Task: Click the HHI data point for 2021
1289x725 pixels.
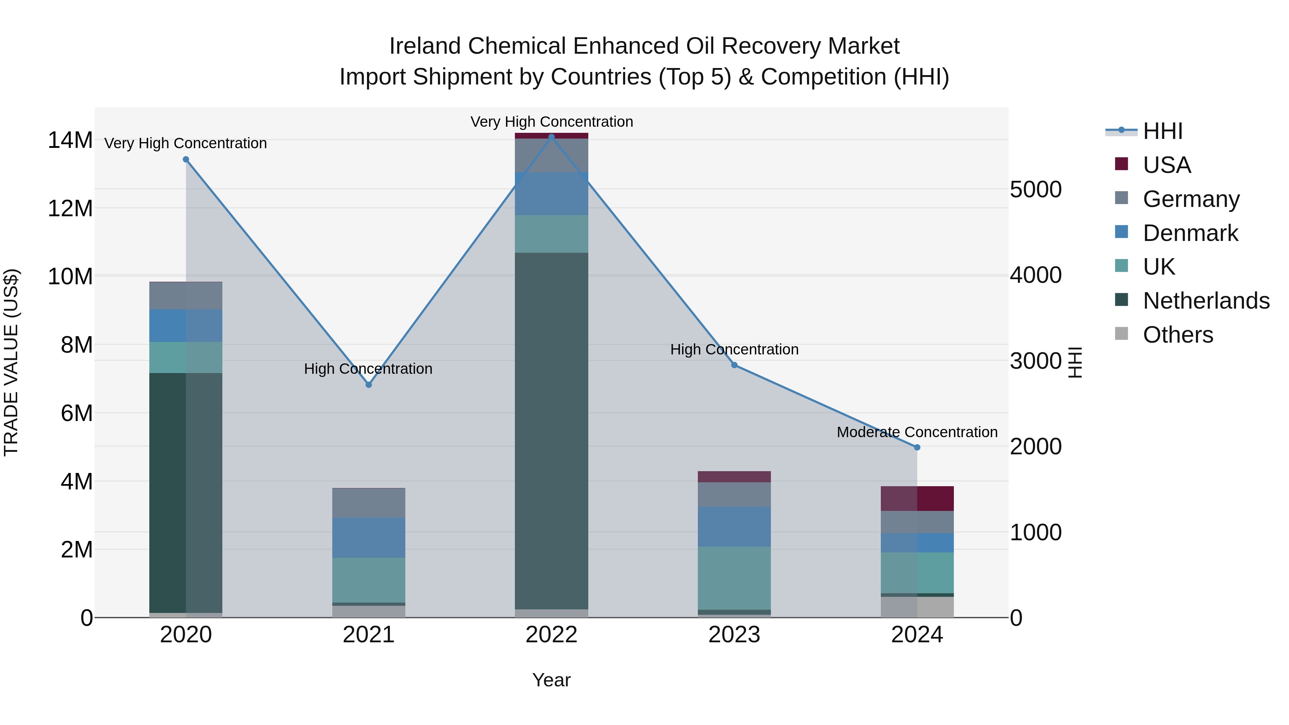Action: (369, 385)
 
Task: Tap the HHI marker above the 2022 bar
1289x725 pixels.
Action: (551, 137)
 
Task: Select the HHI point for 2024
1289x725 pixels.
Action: (917, 447)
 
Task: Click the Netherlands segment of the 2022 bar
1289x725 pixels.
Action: (551, 430)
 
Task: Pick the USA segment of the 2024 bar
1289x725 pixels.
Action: (917, 498)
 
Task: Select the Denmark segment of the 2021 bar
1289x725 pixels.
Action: (369, 537)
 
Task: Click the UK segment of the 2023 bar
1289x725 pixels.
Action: (734, 578)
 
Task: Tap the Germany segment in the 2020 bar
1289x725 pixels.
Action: (185, 296)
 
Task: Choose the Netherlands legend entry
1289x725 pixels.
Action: (1206, 301)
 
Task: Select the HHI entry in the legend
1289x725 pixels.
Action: (1162, 131)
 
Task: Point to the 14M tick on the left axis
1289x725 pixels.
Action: (70, 140)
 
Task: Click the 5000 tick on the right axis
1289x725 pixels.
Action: (1035, 190)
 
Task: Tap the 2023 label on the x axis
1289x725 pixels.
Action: (734, 635)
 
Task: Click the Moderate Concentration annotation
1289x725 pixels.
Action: (917, 432)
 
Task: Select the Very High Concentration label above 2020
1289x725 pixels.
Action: (185, 143)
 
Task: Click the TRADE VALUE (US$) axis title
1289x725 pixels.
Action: (11, 362)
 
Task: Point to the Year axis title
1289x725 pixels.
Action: (551, 680)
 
